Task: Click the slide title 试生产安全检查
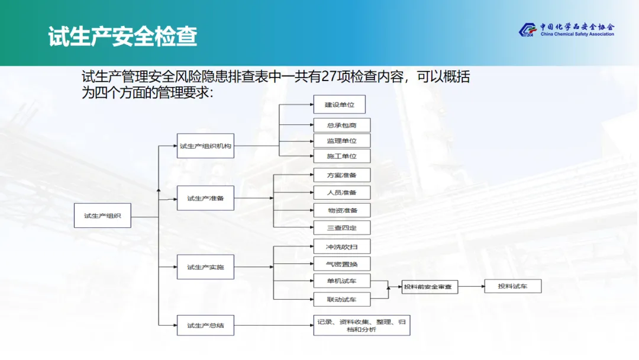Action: tap(122, 36)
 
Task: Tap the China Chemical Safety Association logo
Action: tap(566, 30)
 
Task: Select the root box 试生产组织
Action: tap(102, 216)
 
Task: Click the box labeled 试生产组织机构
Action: tap(205, 146)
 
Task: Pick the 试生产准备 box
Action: tap(205, 198)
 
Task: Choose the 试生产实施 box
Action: tap(205, 267)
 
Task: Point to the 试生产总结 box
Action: tap(205, 325)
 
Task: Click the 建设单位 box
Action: tap(339, 105)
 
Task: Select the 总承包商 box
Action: tap(341, 125)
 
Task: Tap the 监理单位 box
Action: tap(341, 140)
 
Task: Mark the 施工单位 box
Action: tap(341, 156)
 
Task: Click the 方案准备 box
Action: tap(341, 175)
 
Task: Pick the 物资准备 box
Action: tap(341, 210)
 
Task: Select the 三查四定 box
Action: tap(341, 228)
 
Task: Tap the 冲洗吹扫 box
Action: tap(341, 246)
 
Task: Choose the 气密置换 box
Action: tap(341, 263)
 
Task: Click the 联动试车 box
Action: tap(341, 299)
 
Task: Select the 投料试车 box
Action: tap(512, 287)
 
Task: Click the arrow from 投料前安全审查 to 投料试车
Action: tap(470, 287)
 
